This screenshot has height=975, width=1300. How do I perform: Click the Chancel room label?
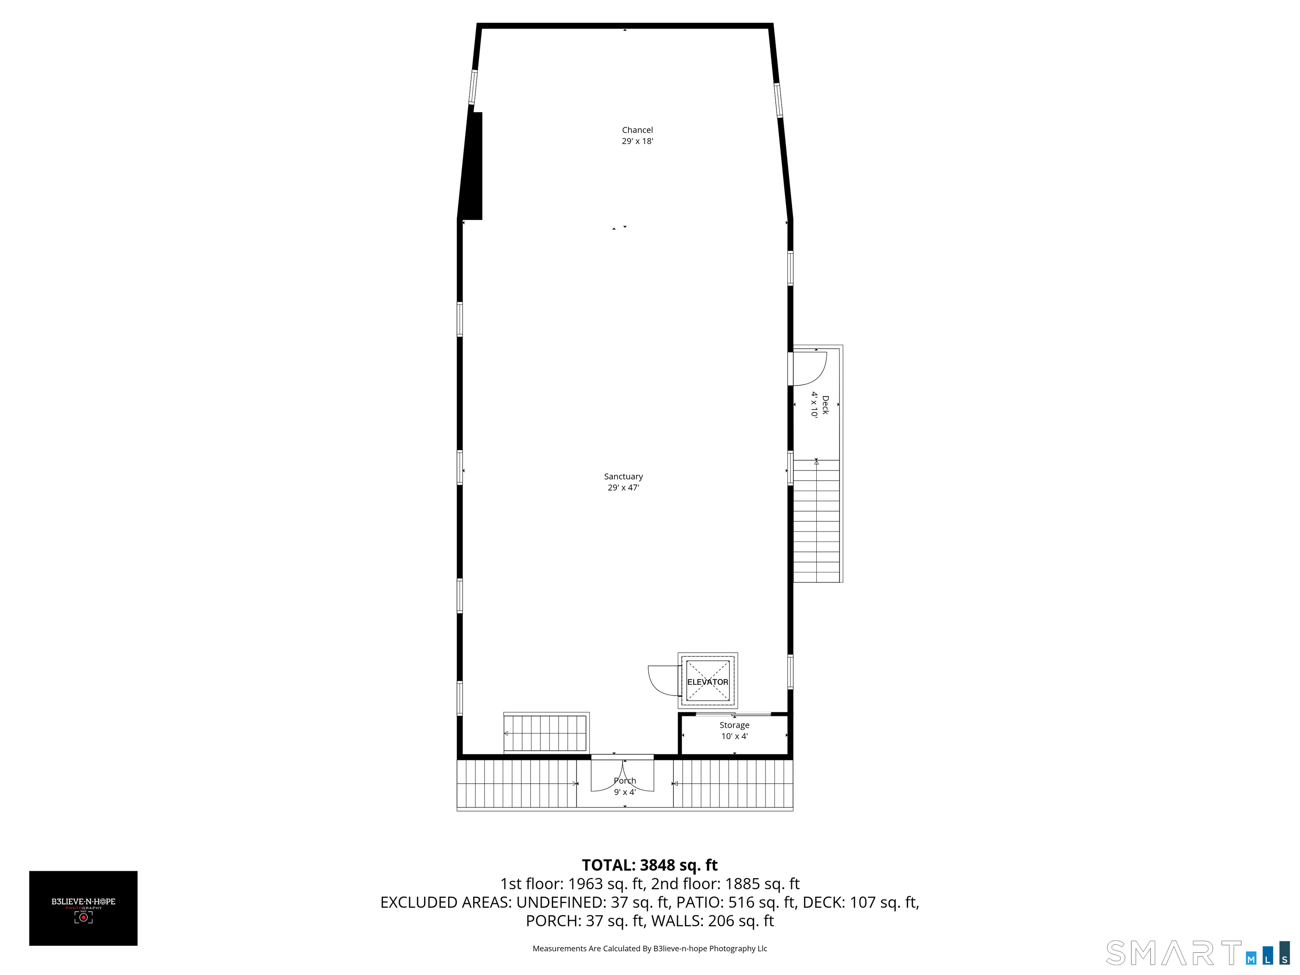pyautogui.click(x=637, y=130)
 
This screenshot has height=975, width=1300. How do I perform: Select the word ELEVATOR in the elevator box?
pyautogui.click(x=708, y=682)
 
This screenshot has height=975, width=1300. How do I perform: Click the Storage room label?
pyautogui.click(x=734, y=726)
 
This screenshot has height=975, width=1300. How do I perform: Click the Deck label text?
pyautogui.click(x=825, y=405)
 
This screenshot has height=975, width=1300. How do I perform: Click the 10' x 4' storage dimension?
pyautogui.click(x=734, y=736)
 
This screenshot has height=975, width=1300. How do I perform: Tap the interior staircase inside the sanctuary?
pyautogui.click(x=546, y=733)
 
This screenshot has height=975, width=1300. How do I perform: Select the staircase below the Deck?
pyautogui.click(x=817, y=521)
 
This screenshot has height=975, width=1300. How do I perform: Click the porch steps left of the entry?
pyautogui.click(x=517, y=784)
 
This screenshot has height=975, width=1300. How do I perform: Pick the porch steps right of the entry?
pyautogui.click(x=733, y=784)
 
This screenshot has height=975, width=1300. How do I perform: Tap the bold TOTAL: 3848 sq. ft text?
pyautogui.click(x=650, y=865)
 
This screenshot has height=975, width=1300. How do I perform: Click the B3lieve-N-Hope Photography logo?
pyautogui.click(x=83, y=908)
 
